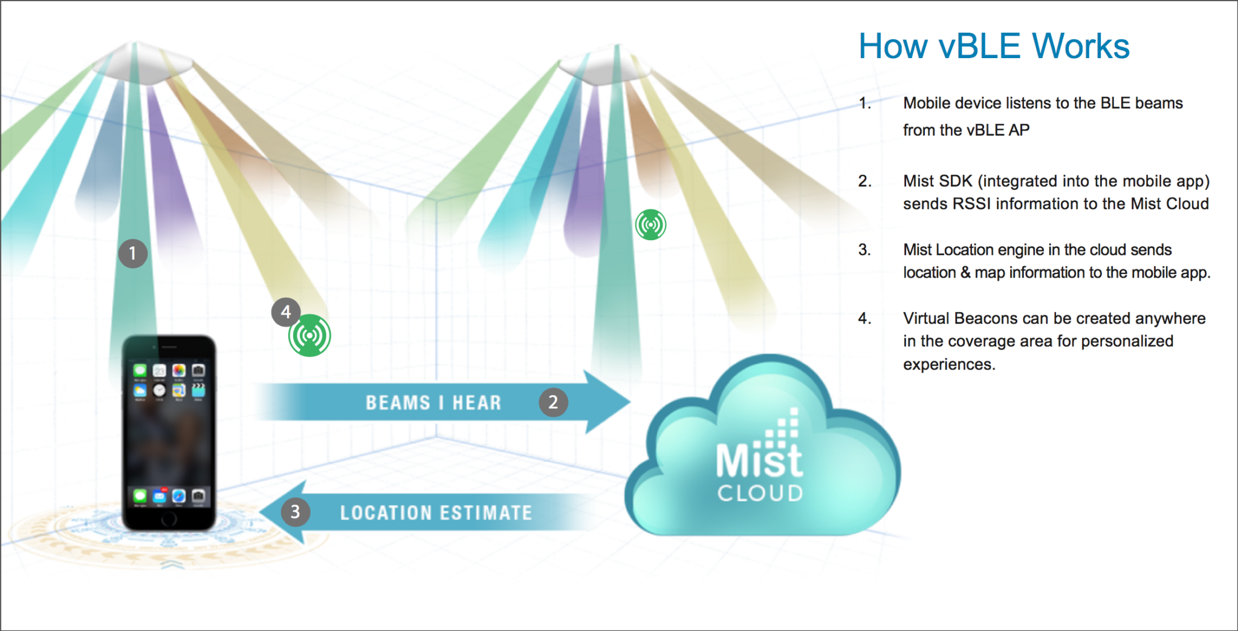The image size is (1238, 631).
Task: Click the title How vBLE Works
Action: click(x=994, y=47)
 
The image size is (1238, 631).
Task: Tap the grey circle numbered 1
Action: click(x=133, y=253)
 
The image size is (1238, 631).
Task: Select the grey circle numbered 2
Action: click(x=553, y=402)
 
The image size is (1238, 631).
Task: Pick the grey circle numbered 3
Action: click(x=295, y=512)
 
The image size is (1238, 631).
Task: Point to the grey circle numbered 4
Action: click(x=286, y=312)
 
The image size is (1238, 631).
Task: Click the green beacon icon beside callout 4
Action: click(x=309, y=336)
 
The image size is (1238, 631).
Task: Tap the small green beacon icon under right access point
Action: click(x=650, y=225)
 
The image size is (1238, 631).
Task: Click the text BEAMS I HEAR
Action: click(x=433, y=403)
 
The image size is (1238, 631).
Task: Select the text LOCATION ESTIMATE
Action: click(x=436, y=513)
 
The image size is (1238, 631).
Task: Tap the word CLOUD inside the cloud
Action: click(x=760, y=493)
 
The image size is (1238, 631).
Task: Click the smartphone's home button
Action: click(x=169, y=518)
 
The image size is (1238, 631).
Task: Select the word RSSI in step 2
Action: click(x=971, y=204)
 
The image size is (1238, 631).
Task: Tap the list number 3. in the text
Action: click(x=864, y=250)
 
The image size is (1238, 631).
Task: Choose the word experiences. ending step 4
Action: click(x=948, y=364)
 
